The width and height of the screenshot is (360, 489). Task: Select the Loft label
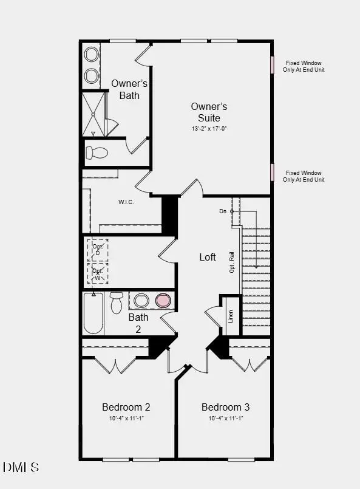pyautogui.click(x=208, y=257)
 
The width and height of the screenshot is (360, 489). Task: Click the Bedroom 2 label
pyautogui.click(x=126, y=407)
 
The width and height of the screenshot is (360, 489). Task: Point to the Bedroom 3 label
pyautogui.click(x=225, y=407)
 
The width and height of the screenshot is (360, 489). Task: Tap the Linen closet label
pyautogui.click(x=230, y=316)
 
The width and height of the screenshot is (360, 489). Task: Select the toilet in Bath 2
pyautogui.click(x=117, y=303)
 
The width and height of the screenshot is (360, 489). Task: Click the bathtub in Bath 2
pyautogui.click(x=93, y=313)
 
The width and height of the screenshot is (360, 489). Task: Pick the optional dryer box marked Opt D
pyautogui.click(x=98, y=250)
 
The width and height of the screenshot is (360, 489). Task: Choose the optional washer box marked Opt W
pyautogui.click(x=98, y=273)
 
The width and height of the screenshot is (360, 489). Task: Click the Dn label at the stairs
pyautogui.click(x=223, y=211)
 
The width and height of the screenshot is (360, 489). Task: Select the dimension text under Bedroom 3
pyautogui.click(x=225, y=419)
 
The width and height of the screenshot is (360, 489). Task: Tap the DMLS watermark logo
pyautogui.click(x=21, y=467)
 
